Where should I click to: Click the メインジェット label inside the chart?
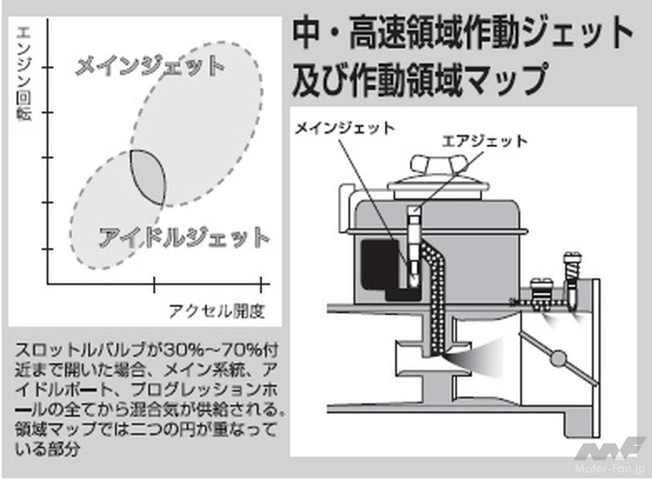[149, 67]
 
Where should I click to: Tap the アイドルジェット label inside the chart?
[184, 237]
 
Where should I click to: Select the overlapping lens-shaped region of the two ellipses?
[147, 176]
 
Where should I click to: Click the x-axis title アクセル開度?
[216, 311]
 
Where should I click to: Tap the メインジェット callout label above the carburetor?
[344, 128]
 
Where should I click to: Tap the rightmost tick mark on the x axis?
[262, 283]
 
